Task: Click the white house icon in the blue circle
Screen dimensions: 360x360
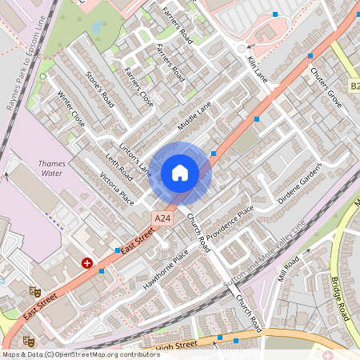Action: coord(180,173)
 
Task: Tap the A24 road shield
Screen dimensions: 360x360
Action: coord(162,218)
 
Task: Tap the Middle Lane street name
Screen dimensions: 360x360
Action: coord(194,117)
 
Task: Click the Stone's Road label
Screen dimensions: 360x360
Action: coord(100,89)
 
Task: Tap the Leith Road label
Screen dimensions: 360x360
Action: coord(119,167)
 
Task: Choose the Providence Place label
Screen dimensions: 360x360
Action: coord(230,223)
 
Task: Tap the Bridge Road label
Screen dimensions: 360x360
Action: coord(341,298)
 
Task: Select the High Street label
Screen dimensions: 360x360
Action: coord(174,345)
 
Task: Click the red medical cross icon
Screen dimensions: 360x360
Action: coord(86,262)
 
